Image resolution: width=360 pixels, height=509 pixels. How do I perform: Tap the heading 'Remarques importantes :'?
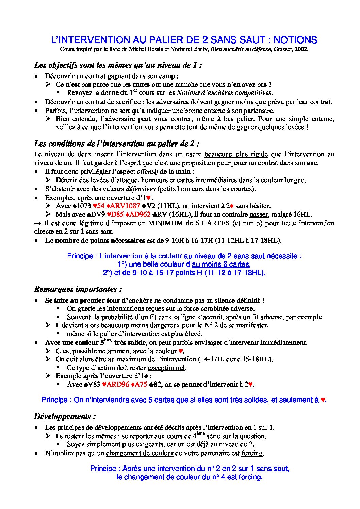[78, 289]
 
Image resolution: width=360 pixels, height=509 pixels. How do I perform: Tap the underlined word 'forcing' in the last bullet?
[252, 453]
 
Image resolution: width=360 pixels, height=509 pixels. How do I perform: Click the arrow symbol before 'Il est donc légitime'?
[37, 223]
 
